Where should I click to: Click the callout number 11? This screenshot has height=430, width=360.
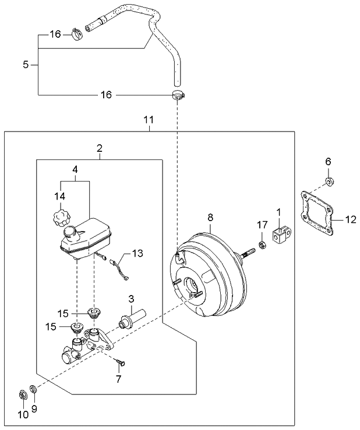click(x=149, y=120)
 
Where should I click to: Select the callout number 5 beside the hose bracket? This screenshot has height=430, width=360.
click(x=26, y=65)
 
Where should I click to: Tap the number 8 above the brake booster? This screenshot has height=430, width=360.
click(x=210, y=218)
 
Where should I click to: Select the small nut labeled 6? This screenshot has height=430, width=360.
click(x=329, y=182)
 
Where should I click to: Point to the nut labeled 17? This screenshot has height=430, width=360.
click(x=262, y=243)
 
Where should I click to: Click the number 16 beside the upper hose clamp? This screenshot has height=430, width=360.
click(x=55, y=34)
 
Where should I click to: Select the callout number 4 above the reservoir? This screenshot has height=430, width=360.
click(x=75, y=170)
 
